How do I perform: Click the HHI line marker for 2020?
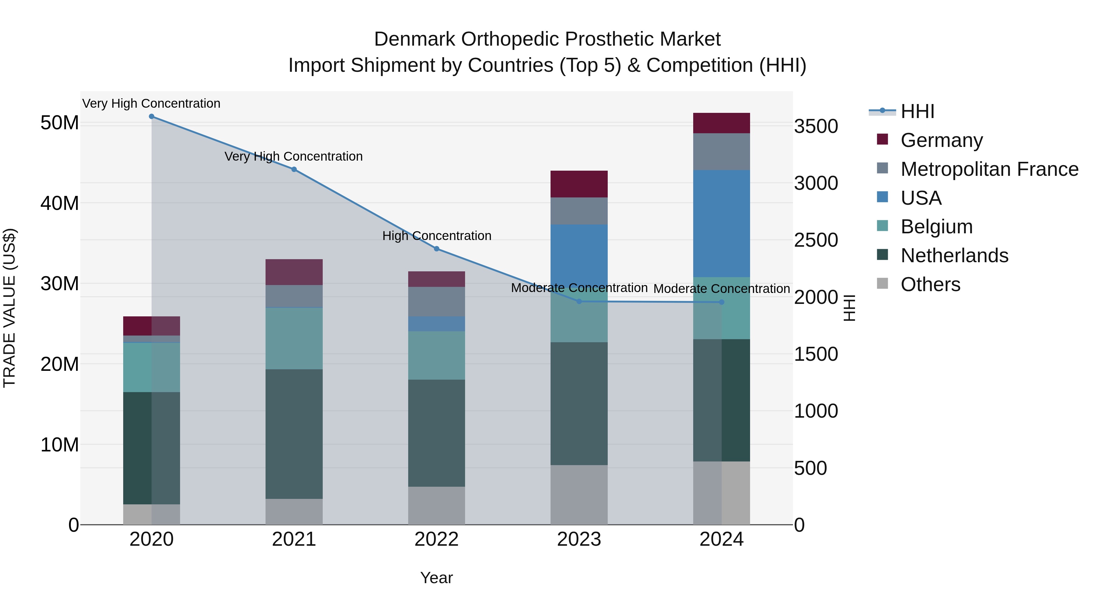pyautogui.click(x=151, y=117)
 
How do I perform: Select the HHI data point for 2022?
pyautogui.click(x=436, y=249)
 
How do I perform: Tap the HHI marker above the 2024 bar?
pyautogui.click(x=721, y=302)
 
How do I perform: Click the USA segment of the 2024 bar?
pyautogui.click(x=721, y=224)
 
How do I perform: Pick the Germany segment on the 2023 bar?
pyautogui.click(x=579, y=184)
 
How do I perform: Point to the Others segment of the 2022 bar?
pyautogui.click(x=436, y=506)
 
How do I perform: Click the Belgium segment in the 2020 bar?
pyautogui.click(x=151, y=367)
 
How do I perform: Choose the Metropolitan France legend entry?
pyautogui.click(x=989, y=169)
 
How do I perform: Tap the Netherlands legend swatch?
pyautogui.click(x=882, y=255)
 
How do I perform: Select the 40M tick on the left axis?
pyautogui.click(x=60, y=203)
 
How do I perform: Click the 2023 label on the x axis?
pyautogui.click(x=579, y=539)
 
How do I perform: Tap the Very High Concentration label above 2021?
pyautogui.click(x=294, y=156)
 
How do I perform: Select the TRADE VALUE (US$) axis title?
pyautogui.click(x=9, y=308)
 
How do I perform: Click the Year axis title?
pyautogui.click(x=436, y=578)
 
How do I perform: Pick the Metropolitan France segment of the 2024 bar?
pyautogui.click(x=721, y=152)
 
